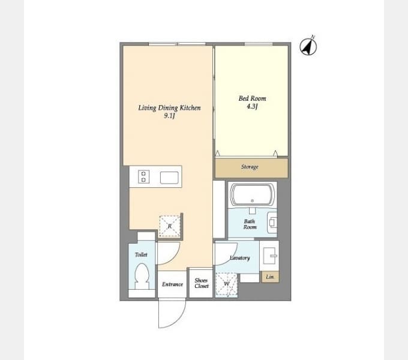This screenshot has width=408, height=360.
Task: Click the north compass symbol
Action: click(x=308, y=47)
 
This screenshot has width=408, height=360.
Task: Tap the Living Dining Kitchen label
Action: click(x=169, y=107)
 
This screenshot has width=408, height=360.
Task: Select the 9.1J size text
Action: click(x=169, y=116)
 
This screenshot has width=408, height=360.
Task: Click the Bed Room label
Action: click(x=252, y=98)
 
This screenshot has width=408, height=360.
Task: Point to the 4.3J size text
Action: click(x=252, y=106)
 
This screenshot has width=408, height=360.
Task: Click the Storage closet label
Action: click(x=250, y=167)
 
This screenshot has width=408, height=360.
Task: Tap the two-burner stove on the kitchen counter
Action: click(x=143, y=176)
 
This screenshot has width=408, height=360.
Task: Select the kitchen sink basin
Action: click(x=169, y=178)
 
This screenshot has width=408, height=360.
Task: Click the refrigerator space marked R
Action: click(x=170, y=226)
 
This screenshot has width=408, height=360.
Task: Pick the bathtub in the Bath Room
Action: click(x=253, y=194)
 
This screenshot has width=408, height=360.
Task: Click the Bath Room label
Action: click(x=250, y=224)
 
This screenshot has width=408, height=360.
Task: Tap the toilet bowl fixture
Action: click(x=142, y=276)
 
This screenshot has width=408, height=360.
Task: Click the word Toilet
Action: click(x=141, y=254)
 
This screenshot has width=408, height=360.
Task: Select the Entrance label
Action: click(x=172, y=284)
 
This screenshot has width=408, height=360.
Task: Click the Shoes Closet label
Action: click(x=202, y=283)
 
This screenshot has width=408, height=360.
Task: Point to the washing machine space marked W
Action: click(x=227, y=284)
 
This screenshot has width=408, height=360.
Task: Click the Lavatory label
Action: click(x=239, y=258)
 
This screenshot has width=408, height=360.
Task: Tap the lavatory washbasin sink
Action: click(x=269, y=256)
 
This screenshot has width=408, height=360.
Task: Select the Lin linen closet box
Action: click(x=270, y=277)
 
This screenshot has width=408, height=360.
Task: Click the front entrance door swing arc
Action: click(x=178, y=320)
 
